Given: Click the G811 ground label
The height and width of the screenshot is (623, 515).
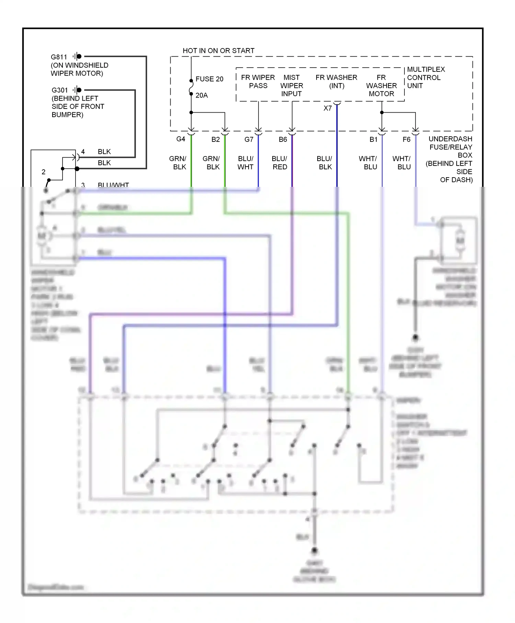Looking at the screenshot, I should (x=59, y=57).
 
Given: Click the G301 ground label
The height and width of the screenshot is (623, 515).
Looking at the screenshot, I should (x=60, y=90).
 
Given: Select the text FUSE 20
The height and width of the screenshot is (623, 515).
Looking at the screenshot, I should (x=209, y=79).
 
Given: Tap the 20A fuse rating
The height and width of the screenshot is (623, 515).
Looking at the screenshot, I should (x=202, y=95).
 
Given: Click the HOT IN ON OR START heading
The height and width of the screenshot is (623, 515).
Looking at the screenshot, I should (x=218, y=51).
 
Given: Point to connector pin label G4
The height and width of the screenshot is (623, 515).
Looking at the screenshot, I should (x=181, y=139).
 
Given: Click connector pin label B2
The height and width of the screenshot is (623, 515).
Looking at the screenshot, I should (x=215, y=139).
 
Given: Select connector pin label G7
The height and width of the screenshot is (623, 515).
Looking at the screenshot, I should (x=249, y=139).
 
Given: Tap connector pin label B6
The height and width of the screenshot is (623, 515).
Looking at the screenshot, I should (x=283, y=139).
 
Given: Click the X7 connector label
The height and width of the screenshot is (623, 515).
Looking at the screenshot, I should (x=328, y=109).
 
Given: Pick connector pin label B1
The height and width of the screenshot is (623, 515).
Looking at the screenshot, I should (x=373, y=139).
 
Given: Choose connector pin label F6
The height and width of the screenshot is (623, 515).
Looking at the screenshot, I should (x=406, y=139).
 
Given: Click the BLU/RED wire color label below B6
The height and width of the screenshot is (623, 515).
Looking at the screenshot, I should (x=279, y=163).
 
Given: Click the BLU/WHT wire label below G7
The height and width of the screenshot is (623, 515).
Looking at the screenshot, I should (x=245, y=163).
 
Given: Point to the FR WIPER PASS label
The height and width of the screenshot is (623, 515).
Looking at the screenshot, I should (x=258, y=82).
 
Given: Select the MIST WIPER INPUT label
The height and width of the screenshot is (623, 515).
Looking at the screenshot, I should (x=291, y=86).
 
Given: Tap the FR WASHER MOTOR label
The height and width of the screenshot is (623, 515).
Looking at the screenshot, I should (x=381, y=86).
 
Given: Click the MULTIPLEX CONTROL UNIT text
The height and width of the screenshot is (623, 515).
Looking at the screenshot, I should (x=425, y=78).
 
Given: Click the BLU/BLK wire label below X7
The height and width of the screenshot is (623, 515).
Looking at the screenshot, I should (x=324, y=163).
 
